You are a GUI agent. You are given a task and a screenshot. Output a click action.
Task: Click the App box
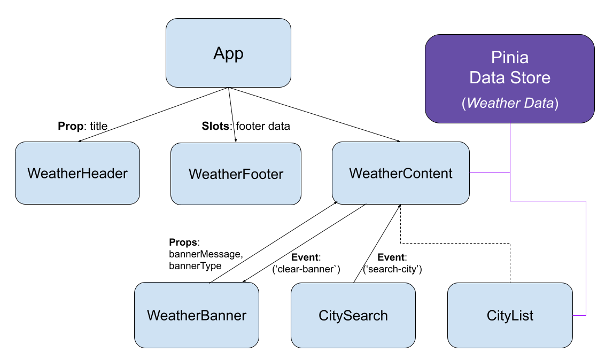(x=228, y=53)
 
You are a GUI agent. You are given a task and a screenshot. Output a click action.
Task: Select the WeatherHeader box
(x=77, y=173)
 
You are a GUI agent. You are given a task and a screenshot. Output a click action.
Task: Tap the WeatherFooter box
(x=236, y=174)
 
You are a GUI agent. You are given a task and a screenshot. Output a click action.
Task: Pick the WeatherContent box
(x=401, y=173)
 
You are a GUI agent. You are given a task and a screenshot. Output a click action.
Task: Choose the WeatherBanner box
(x=196, y=315)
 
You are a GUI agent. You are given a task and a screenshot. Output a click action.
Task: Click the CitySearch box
(x=353, y=315)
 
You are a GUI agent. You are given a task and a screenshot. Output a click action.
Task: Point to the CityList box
(x=510, y=315)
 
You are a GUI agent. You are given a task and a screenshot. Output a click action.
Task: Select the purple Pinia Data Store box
(x=509, y=78)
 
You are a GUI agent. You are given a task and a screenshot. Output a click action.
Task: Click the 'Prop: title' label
(x=82, y=127)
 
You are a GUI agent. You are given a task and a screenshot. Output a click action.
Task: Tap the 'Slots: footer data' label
(x=246, y=127)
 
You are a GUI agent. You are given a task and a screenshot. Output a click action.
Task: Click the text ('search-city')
(x=393, y=269)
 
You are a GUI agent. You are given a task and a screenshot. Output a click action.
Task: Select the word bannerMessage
(x=206, y=255)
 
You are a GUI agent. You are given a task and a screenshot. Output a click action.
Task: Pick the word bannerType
(x=195, y=265)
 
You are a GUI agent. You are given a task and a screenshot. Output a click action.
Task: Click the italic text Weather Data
(x=510, y=104)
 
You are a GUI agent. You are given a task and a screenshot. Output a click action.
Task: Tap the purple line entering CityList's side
(x=586, y=256)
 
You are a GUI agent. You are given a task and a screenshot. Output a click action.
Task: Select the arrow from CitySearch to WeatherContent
(x=377, y=243)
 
